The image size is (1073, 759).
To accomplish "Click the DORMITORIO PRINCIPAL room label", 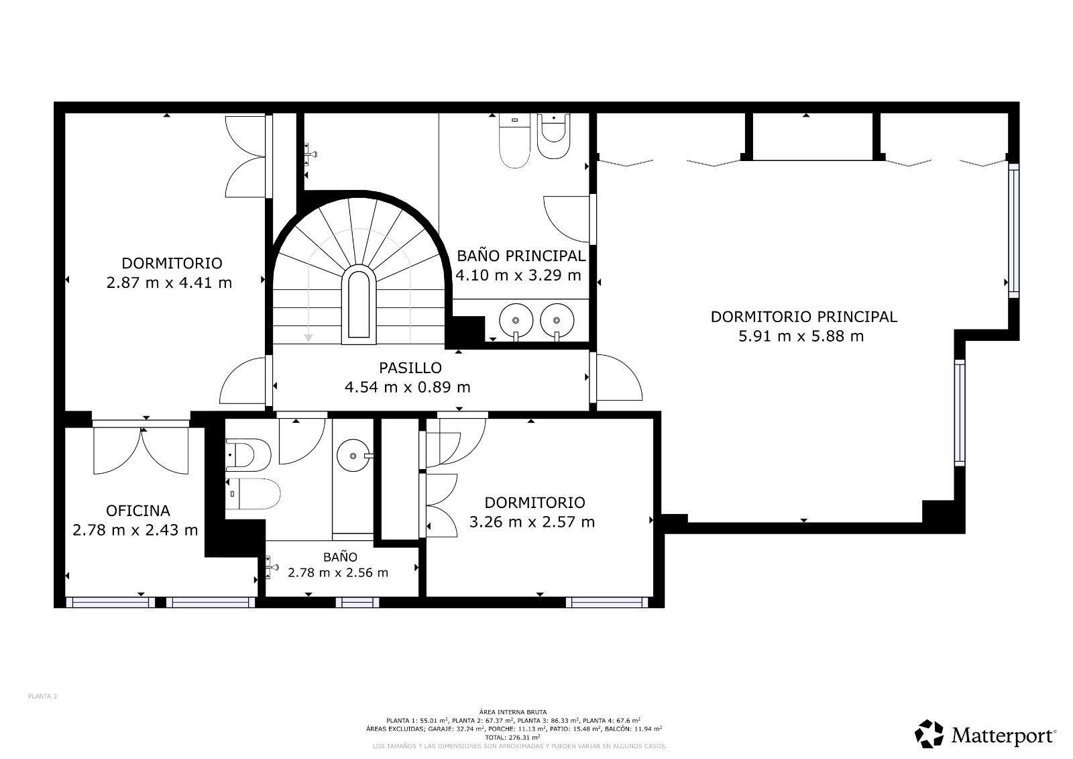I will pos(803,317).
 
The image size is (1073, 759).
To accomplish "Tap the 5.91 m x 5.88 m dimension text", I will pos(801,336).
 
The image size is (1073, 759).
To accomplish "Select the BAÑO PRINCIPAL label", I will pos(521,256).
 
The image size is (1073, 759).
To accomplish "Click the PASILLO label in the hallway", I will pos(410,368).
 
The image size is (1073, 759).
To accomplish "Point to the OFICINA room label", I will pos(137,511).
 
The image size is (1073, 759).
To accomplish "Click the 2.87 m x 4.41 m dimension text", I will pos(169,283).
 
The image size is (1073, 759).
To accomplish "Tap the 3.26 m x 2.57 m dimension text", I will pos(532,521).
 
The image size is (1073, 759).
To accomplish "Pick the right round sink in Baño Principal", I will pos(557,318).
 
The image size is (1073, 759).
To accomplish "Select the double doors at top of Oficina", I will pos(141,446).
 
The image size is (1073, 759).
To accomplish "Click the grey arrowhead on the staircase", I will pos(308,338).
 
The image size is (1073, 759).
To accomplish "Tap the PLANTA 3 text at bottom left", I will pos(42,697).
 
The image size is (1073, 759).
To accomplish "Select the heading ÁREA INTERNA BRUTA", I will pos(513,712).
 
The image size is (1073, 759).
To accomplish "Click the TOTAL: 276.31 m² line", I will pos(513,736).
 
